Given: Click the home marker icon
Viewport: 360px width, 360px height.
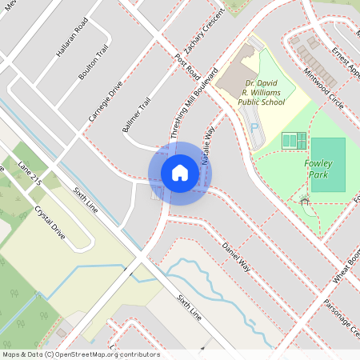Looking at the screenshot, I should pos(179,173).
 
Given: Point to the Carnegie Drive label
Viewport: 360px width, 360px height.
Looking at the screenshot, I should pos(105,104).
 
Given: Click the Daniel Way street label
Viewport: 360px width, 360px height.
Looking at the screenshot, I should pos(237,256).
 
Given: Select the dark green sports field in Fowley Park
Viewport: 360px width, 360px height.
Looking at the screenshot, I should pos(328,164).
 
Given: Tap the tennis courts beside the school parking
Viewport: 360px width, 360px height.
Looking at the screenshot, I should pos(294,141).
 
